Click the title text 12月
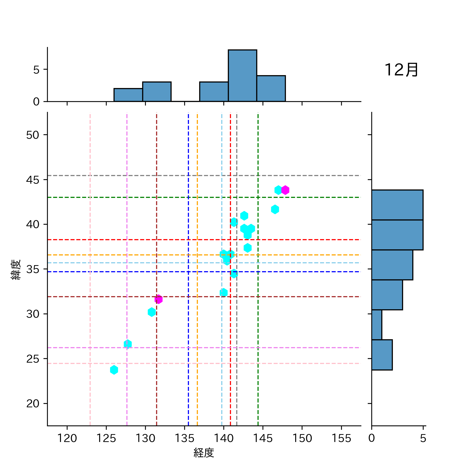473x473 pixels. point(401,70)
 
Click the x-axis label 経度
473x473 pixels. point(204,453)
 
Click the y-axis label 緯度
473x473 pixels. point(16,269)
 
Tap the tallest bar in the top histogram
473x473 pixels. point(242,76)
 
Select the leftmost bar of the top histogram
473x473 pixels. point(128,95)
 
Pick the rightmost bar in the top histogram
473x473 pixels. point(271,89)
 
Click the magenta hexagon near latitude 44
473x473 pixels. point(285,190)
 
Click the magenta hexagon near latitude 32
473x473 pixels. point(158,299)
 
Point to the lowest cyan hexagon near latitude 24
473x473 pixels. point(114,370)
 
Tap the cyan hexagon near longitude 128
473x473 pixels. point(128,344)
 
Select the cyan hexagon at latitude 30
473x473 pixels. point(152,312)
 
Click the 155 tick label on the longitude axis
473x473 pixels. point(341,438)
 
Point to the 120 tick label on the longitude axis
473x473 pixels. point(67,438)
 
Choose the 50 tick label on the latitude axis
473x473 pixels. point(33,135)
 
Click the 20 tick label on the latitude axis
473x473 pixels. point(33,404)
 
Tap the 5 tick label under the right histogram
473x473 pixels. point(423,438)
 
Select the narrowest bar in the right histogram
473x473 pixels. point(377,325)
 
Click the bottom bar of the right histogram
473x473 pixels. point(382,355)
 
